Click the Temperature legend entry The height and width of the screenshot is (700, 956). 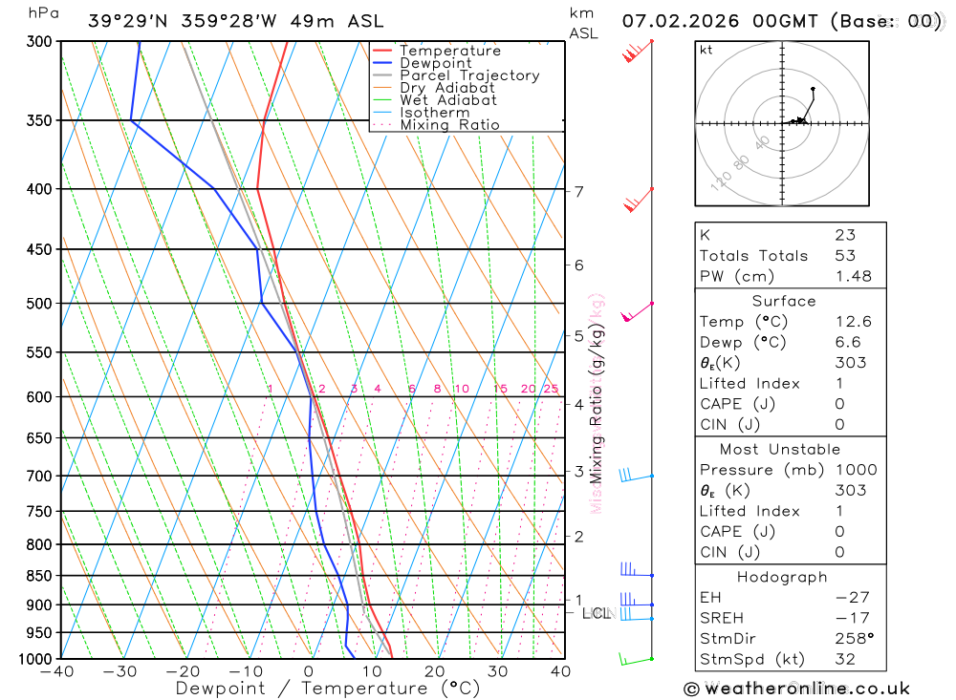(449, 51)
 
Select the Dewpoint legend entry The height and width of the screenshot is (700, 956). (436, 63)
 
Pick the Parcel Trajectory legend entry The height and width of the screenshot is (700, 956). (469, 75)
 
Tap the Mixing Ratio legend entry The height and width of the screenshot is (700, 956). (449, 125)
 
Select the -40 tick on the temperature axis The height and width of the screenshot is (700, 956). (58, 671)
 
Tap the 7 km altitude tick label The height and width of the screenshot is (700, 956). (578, 191)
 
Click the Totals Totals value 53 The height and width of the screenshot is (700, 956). (845, 255)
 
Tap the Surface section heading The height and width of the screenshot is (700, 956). (784, 301)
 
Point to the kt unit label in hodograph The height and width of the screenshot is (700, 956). (706, 51)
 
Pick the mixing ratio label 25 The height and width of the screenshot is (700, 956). (551, 389)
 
